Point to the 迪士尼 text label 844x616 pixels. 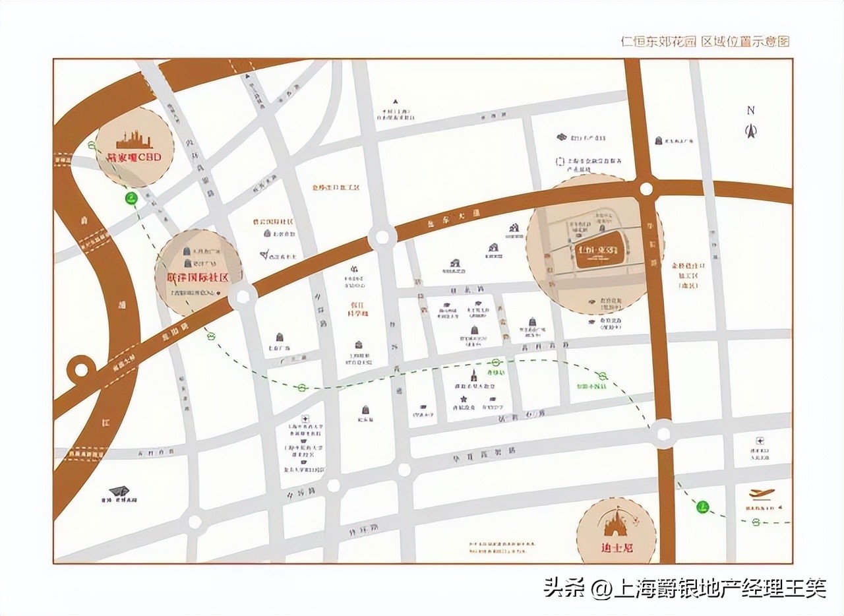(617, 547)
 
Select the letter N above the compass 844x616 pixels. (750, 111)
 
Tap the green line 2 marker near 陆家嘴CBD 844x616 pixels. (132, 197)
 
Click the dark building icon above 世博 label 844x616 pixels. (119, 491)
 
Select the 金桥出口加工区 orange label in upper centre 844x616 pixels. (336, 187)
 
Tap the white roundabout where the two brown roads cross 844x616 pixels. (646, 189)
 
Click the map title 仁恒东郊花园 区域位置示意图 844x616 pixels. (705, 41)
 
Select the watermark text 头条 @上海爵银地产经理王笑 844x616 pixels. (684, 587)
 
